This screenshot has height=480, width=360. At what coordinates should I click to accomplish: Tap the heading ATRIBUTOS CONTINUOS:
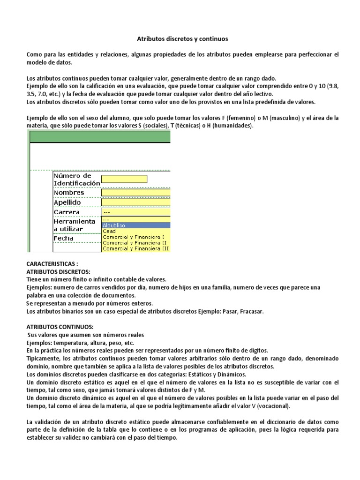60,326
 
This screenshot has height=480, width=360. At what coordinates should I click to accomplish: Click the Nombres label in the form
69,192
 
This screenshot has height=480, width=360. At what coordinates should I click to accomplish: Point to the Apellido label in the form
67,202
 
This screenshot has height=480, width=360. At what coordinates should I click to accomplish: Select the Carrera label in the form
67,212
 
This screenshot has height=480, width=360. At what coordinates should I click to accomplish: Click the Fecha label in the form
63,238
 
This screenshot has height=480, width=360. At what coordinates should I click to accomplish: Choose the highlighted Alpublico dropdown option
114,225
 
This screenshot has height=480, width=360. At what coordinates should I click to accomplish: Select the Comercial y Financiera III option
136,248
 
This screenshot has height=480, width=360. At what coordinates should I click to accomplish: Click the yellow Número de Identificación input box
124,179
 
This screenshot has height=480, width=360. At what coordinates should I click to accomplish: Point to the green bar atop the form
100,136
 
